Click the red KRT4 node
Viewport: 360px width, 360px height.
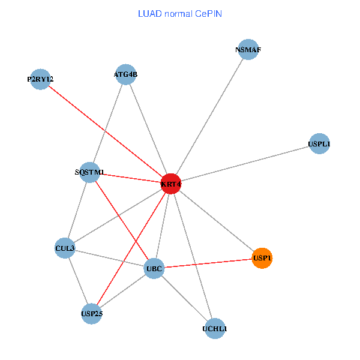click(170, 184)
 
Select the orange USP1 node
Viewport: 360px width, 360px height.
click(262, 258)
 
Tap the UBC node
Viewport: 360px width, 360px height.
click(154, 269)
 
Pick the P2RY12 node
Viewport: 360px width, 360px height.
click(40, 79)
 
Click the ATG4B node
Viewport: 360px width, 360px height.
click(125, 74)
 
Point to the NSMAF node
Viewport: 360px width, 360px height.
click(248, 50)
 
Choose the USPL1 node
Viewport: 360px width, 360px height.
click(319, 144)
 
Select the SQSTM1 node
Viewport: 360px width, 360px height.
click(89, 172)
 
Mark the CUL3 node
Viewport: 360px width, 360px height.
click(65, 248)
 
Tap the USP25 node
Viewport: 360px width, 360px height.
click(91, 313)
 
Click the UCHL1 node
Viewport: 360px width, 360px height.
click(215, 328)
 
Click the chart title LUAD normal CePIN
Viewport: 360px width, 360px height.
click(179, 13)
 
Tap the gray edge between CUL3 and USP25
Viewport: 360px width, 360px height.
click(78, 281)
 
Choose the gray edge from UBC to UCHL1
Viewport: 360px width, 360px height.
click(185, 299)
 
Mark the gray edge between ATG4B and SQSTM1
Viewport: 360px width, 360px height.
click(107, 123)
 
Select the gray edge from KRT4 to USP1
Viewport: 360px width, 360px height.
click(216, 221)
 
